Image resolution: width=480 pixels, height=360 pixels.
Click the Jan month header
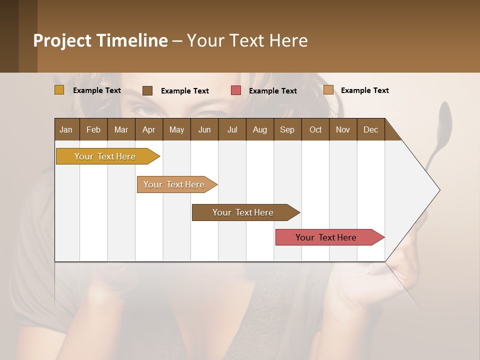[66, 129]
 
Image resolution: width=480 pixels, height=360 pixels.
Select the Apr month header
[148, 129]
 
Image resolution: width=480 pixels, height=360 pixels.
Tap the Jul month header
[232, 129]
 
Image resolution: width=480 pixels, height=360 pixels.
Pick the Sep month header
[287, 129]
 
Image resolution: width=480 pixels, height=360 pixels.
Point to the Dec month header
[370, 129]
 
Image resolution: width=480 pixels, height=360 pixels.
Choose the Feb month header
[93, 129]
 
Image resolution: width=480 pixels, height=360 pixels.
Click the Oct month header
[315, 129]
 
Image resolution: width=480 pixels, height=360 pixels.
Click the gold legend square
[59, 90]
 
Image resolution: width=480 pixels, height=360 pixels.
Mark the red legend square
[236, 90]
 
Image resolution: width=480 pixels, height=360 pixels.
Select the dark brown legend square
[147, 90]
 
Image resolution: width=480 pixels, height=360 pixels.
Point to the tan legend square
[328, 90]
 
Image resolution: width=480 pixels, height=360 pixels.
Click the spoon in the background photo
[443, 120]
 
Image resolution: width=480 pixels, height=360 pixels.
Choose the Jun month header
[204, 129]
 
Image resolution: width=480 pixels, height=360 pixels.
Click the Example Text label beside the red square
[272, 90]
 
